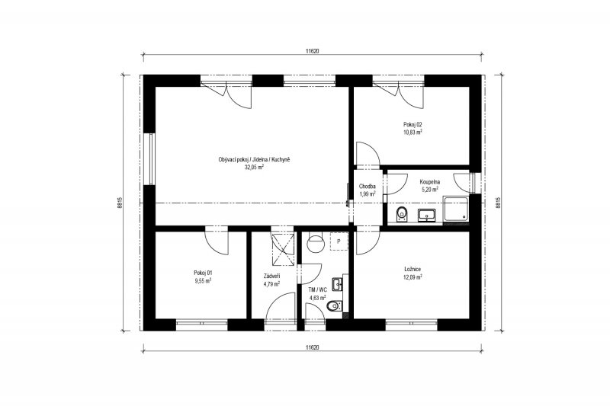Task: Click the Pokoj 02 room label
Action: [413, 125]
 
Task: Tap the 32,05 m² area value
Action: [254, 168]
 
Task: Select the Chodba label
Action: [368, 187]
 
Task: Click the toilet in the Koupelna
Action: [402, 215]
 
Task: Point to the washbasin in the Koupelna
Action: [427, 216]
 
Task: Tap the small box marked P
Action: [339, 241]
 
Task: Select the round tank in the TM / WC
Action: [315, 244]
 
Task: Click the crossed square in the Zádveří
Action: [282, 249]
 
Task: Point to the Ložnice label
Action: [413, 269]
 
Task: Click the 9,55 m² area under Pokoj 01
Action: [203, 280]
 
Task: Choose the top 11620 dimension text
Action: [313, 50]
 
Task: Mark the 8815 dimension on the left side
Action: [120, 203]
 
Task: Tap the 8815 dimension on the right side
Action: [498, 203]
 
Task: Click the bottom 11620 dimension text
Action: [313, 347]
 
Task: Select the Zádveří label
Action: [272, 277]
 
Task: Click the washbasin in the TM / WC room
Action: [337, 284]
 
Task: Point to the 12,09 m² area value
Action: [413, 277]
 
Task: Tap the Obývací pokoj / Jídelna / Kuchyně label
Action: [255, 160]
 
